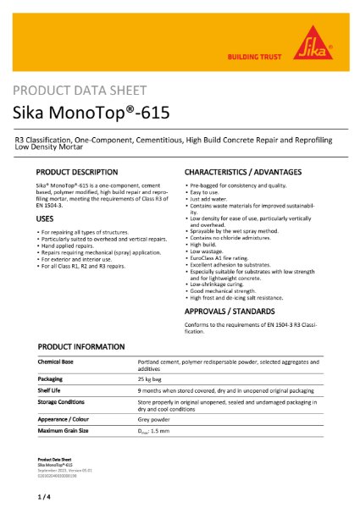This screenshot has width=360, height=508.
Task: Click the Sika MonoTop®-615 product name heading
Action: (99, 114)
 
